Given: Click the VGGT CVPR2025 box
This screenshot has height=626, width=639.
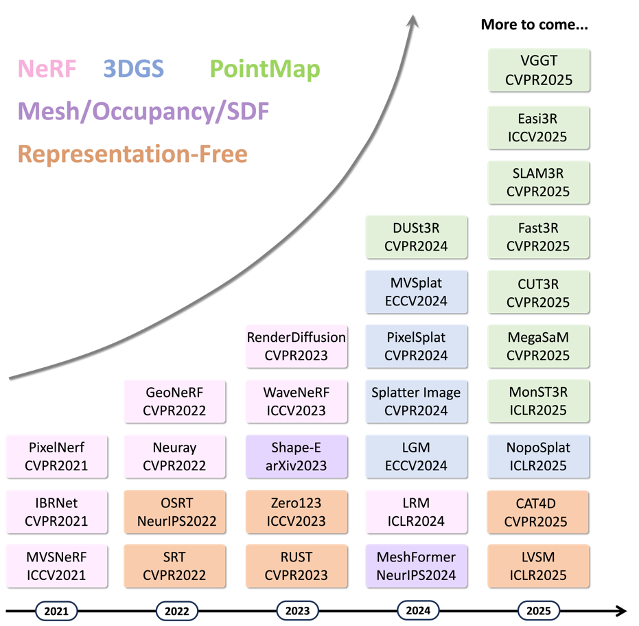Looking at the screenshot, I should (x=539, y=70).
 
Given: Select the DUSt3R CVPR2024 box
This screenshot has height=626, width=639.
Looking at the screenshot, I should (x=416, y=237).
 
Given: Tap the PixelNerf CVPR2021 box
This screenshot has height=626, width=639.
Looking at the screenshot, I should (x=56, y=456).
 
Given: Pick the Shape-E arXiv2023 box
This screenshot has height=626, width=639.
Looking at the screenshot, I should (x=297, y=456).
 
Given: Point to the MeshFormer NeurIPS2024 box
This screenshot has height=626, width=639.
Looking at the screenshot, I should (x=416, y=566).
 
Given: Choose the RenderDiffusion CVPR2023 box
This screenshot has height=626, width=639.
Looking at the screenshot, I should (x=297, y=346).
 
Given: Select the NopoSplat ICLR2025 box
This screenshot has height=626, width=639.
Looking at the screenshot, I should (x=539, y=456).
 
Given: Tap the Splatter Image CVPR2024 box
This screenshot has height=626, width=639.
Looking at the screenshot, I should (x=416, y=401).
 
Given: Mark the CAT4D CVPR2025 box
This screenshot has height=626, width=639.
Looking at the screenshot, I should (x=539, y=511).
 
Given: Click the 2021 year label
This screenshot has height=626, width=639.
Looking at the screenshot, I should (x=56, y=610).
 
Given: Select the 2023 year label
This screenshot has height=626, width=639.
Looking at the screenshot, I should (x=297, y=610).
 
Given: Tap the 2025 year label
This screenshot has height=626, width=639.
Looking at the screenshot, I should (x=539, y=610).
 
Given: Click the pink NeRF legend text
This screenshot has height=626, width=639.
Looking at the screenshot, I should (x=47, y=69).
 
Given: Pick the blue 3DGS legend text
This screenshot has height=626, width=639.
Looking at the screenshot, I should (x=133, y=69).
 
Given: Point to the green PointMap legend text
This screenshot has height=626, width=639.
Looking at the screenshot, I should (x=264, y=69).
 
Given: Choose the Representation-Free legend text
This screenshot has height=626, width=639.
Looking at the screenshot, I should (x=132, y=154).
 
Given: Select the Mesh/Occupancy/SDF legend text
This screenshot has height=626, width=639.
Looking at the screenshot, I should (x=143, y=111).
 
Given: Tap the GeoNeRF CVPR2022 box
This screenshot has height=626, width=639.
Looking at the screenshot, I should (x=174, y=401).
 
